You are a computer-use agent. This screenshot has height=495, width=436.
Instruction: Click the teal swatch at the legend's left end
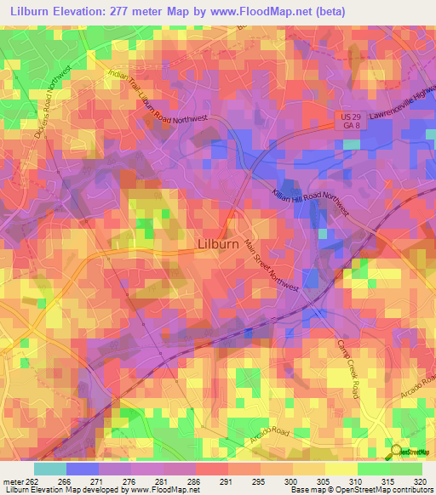pos(49,469)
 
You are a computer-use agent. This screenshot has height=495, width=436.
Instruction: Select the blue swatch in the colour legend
pos(82,469)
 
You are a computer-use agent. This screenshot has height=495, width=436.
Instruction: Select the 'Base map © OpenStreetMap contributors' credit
pos(359,490)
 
